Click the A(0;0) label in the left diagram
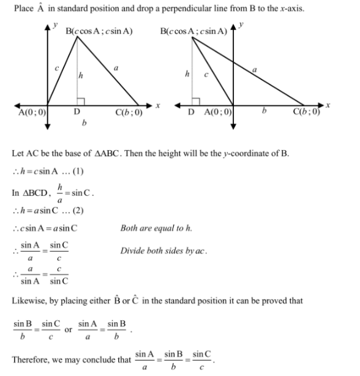pos(32,112)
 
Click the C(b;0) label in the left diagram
pos(129,112)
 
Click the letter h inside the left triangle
pos(80,75)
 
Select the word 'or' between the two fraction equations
pos(68,329)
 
